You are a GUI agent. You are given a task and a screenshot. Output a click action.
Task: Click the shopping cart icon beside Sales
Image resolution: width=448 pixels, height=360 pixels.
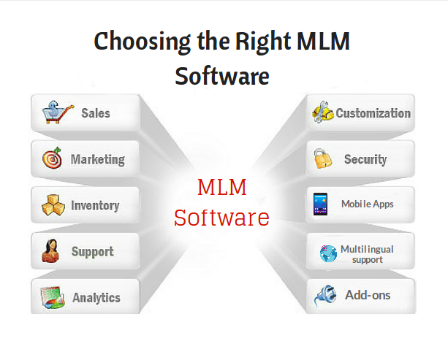pyautogui.click(x=58, y=112)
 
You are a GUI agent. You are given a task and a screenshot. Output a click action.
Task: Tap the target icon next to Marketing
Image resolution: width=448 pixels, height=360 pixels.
pyautogui.click(x=53, y=158)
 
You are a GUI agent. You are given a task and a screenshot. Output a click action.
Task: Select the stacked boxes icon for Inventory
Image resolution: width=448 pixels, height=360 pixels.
pyautogui.click(x=53, y=205)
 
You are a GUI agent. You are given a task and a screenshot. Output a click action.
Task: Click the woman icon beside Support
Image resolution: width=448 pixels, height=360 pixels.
pyautogui.click(x=50, y=250)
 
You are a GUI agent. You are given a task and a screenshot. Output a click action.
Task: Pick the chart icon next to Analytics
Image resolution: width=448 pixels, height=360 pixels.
pyautogui.click(x=53, y=297)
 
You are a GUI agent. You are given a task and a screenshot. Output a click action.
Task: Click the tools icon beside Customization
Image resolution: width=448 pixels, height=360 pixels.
pyautogui.click(x=323, y=112)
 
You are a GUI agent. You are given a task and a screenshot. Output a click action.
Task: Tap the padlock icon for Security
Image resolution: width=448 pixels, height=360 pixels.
pyautogui.click(x=322, y=158)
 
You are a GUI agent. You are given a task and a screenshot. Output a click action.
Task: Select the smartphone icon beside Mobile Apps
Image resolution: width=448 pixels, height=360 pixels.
pyautogui.click(x=320, y=204)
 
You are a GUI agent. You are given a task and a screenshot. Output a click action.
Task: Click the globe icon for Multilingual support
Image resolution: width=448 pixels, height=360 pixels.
pyautogui.click(x=328, y=253)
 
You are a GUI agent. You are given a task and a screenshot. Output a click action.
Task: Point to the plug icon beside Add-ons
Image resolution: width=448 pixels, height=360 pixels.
pyautogui.click(x=325, y=296)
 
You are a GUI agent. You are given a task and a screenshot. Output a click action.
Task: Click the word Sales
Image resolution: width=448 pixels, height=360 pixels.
pyautogui.click(x=96, y=112)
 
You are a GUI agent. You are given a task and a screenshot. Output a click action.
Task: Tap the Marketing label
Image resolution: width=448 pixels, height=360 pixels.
pyautogui.click(x=98, y=159)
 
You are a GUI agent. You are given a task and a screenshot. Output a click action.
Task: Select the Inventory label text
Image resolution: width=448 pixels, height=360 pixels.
pyautogui.click(x=95, y=205)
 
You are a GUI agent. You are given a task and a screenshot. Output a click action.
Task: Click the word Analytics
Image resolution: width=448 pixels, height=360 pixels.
pyautogui.click(x=96, y=298)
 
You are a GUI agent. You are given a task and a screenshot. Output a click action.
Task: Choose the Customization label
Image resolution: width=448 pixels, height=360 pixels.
pyautogui.click(x=373, y=113)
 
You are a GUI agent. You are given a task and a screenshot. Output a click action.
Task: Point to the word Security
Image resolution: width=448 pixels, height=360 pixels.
pyautogui.click(x=365, y=159)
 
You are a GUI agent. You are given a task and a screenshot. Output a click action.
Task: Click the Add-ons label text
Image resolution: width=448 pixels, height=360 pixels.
pyautogui.click(x=368, y=295)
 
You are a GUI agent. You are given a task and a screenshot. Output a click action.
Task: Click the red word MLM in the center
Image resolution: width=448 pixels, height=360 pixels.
pyautogui.click(x=222, y=187)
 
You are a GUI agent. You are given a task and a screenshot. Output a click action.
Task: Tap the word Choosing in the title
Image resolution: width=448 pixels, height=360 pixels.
pyautogui.click(x=143, y=42)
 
